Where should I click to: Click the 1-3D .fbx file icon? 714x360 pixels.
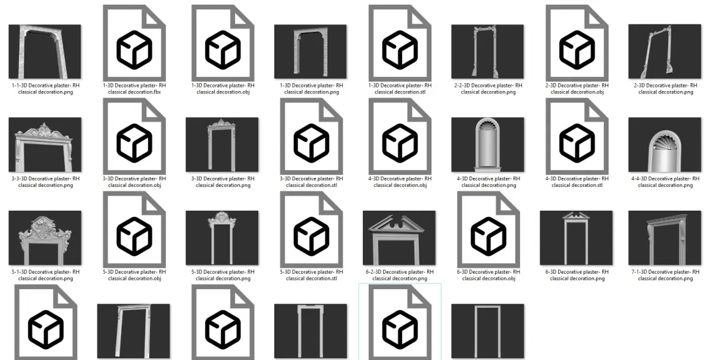point(134,43)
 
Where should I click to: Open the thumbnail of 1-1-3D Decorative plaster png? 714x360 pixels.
point(45,51)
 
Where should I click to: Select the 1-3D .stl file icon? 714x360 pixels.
point(400,43)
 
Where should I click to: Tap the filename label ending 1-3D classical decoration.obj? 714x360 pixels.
point(223,89)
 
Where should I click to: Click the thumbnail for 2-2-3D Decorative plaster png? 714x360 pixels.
point(487,51)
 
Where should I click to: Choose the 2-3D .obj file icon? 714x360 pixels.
point(577,43)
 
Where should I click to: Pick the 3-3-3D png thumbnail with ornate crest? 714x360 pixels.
point(45,145)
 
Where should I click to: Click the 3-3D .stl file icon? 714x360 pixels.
point(311,136)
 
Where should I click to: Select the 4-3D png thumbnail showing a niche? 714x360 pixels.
point(487,145)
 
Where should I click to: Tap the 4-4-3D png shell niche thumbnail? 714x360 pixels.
point(665,145)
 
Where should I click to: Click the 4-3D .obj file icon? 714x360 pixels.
point(400,136)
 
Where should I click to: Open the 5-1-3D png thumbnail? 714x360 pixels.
point(45,237)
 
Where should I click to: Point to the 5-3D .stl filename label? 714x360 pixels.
point(311,275)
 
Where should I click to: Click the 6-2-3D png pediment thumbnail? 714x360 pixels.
point(399,237)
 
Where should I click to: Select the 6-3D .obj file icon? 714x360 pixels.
point(488,230)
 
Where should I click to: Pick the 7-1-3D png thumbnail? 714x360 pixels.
point(665,237)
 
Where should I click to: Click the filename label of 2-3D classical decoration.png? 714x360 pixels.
point(666,89)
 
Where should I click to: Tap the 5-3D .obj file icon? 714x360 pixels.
point(134,230)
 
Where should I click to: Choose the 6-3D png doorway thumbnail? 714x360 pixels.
point(576,237)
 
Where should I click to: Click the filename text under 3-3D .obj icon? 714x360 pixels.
point(134,181)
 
